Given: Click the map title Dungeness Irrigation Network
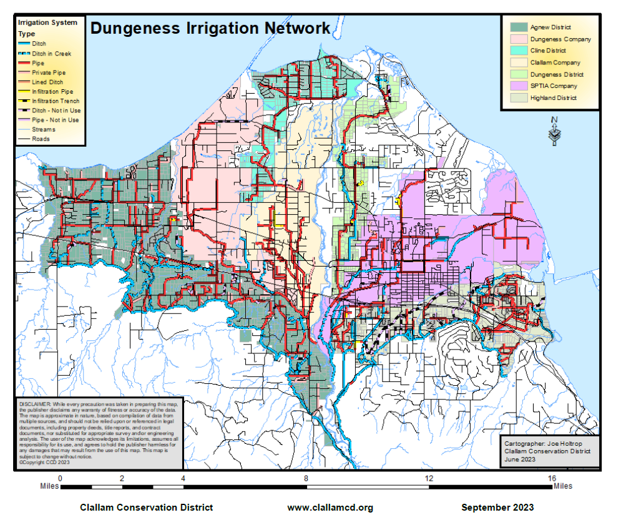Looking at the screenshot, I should (x=210, y=28).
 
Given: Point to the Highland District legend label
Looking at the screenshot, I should (x=553, y=98).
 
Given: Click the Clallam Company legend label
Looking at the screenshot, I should (x=555, y=62).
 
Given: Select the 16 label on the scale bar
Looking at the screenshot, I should (x=551, y=478).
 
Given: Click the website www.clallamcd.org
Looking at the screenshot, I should (x=330, y=508).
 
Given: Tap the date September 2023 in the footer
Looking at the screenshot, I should (x=497, y=508).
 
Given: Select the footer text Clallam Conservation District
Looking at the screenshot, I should (x=146, y=508).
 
